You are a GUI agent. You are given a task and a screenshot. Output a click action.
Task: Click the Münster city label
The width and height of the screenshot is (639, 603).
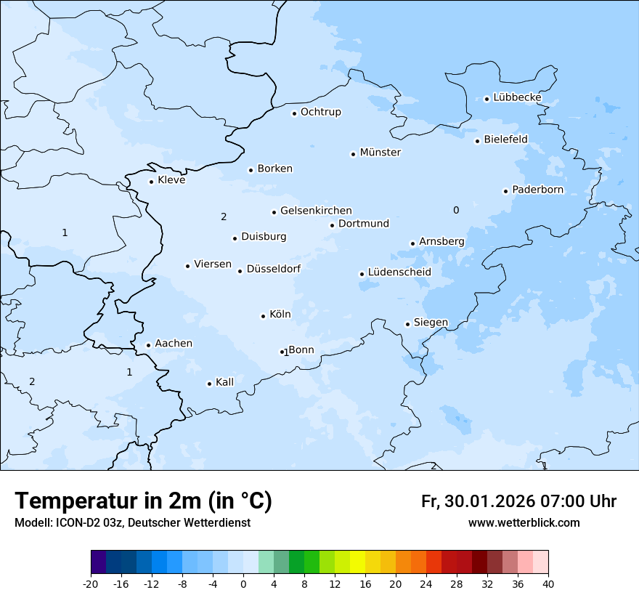click(380, 153)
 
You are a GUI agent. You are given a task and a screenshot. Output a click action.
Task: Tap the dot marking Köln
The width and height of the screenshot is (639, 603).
click(263, 316)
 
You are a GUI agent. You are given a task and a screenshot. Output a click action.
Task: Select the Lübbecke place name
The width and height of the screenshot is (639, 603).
click(517, 97)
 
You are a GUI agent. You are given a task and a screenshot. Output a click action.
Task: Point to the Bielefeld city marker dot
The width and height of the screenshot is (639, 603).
click(477, 141)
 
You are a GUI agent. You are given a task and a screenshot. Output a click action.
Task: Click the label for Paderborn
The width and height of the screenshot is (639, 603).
click(537, 190)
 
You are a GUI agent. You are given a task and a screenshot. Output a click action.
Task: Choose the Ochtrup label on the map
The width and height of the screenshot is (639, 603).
click(320, 112)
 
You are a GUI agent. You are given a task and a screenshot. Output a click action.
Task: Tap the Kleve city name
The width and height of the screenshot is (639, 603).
click(171, 180)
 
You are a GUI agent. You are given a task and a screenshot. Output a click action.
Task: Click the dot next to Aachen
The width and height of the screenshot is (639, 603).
click(148, 346)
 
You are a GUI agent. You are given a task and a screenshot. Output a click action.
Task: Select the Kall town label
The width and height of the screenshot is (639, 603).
click(224, 382)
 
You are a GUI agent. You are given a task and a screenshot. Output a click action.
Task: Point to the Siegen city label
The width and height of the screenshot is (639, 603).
click(431, 323)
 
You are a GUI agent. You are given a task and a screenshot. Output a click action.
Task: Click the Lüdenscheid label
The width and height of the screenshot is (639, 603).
click(399, 272)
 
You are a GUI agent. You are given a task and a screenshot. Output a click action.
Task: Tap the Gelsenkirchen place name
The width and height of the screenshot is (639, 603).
click(316, 211)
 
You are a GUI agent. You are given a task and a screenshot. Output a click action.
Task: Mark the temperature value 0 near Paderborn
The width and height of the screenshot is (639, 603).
click(456, 210)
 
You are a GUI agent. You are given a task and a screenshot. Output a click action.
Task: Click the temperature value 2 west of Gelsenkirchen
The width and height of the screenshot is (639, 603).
click(224, 216)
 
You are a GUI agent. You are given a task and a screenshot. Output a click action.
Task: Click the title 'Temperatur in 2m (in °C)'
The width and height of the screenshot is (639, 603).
click(143, 501)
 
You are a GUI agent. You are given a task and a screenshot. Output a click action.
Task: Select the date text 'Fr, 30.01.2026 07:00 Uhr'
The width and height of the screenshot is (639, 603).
click(518, 501)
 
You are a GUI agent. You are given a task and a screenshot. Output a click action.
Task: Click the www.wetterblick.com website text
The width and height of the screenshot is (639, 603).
click(524, 523)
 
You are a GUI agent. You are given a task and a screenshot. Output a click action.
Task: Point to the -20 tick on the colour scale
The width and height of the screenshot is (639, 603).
click(91, 584)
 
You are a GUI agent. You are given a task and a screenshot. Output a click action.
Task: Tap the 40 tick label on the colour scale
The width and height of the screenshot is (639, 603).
click(548, 584)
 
